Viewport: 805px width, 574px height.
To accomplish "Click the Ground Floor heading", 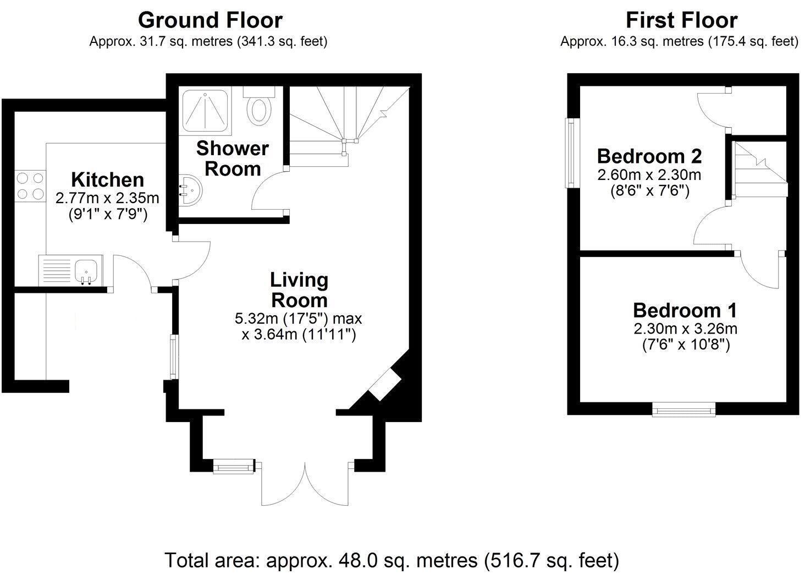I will [209, 20].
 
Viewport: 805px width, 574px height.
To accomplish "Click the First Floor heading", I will [681, 20].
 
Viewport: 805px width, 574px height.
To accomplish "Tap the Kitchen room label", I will [107, 179].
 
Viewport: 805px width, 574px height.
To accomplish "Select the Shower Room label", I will [232, 158].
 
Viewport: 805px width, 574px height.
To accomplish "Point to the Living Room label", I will [299, 290].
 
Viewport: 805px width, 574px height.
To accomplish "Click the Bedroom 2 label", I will [649, 156].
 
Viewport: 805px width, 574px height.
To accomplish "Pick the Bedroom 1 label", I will [685, 310].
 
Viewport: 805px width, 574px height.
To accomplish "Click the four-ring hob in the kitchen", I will [30, 186].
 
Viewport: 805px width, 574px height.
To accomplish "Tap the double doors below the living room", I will [305, 484].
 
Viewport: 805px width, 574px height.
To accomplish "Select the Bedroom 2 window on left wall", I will [571, 152].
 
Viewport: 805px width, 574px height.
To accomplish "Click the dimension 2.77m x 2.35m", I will [107, 198].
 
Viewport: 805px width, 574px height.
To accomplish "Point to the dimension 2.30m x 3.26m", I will [685, 329].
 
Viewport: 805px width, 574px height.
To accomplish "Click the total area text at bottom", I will [392, 560].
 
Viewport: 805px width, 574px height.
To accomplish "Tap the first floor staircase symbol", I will [759, 168].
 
